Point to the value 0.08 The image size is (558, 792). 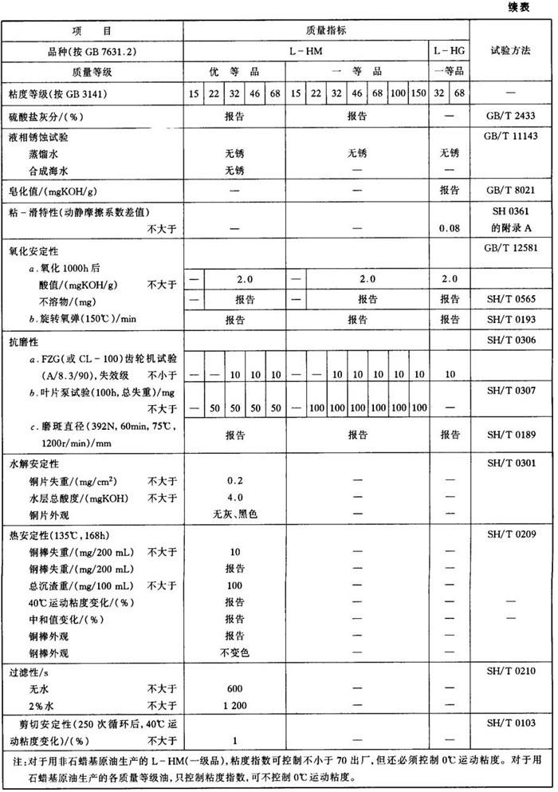(x=449, y=228)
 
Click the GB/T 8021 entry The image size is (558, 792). (x=510, y=191)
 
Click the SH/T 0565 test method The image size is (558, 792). (x=510, y=300)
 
